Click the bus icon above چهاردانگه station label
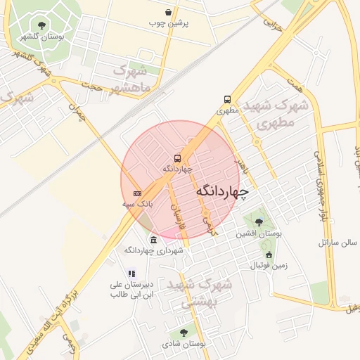coord(177,158)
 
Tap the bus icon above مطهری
coord(227,99)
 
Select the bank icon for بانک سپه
coord(137,193)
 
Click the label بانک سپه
coord(137,203)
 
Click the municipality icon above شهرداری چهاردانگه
coord(153,240)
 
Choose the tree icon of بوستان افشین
coord(259,223)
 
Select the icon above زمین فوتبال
coord(269,255)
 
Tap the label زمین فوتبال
coord(269,266)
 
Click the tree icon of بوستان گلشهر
coord(42,25)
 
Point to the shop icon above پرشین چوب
coord(168,13)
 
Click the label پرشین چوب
coord(168,22)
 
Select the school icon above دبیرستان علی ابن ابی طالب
coord(131,274)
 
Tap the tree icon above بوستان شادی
coord(184,333)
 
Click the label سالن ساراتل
coord(338,243)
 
